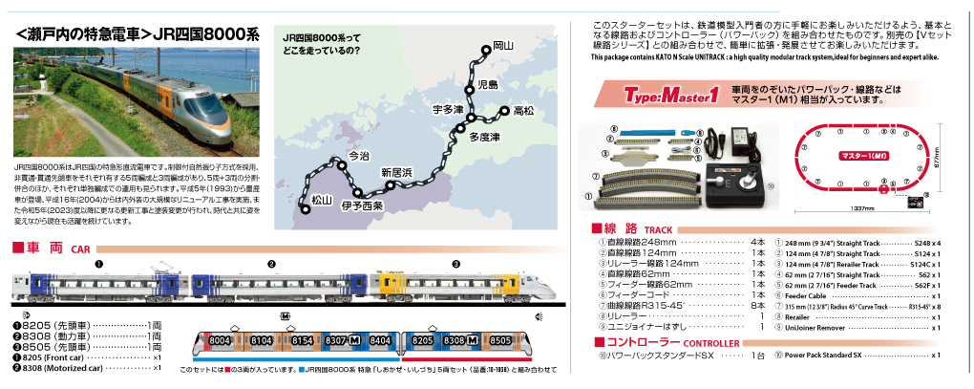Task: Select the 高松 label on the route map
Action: (x=523, y=112)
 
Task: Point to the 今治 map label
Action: (x=359, y=155)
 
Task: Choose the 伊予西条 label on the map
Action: (x=362, y=205)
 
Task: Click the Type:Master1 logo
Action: (x=670, y=95)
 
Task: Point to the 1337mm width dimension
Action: (x=863, y=207)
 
